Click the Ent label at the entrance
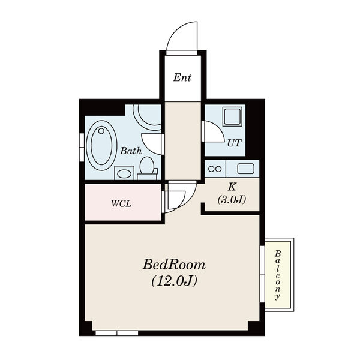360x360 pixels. coord(182,77)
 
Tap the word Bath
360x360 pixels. coord(131,151)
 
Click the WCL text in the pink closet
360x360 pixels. coord(121,203)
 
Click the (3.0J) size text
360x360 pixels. coord(231,199)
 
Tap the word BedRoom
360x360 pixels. coord(174,264)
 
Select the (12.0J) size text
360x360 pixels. coord(174,280)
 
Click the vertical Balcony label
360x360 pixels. coord(278,275)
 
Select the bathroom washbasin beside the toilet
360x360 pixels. coord(124,173)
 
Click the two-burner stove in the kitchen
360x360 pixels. coord(215,169)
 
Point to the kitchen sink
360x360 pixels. coord(246,168)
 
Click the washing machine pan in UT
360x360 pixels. coord(232,116)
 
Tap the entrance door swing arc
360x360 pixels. coord(183,37)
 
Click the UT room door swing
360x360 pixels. coord(212,132)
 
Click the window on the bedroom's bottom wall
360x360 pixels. coord(116,332)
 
